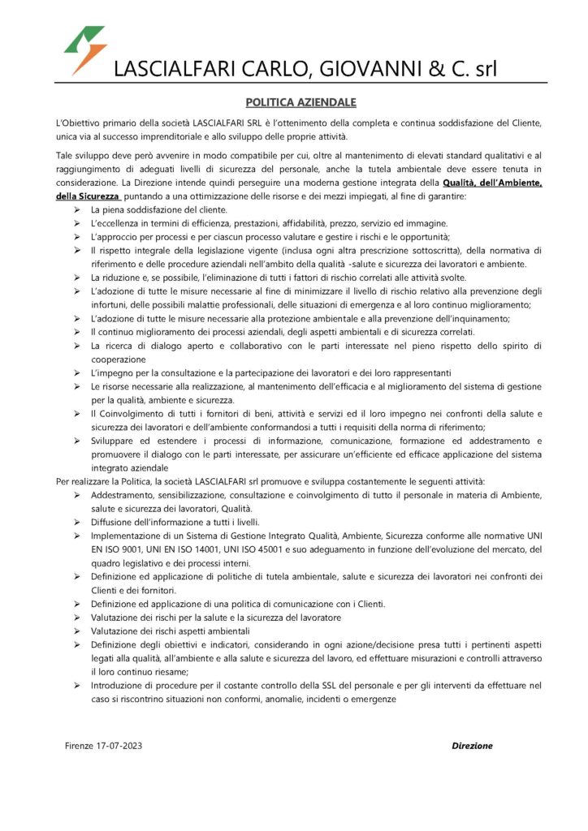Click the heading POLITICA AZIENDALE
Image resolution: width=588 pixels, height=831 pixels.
pyautogui.click(x=294, y=103)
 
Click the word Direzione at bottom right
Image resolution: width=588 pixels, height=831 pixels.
pyautogui.click(x=472, y=746)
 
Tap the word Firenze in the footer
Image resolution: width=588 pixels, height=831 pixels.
pyautogui.click(x=80, y=746)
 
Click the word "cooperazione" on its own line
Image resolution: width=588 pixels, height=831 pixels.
pyautogui.click(x=119, y=359)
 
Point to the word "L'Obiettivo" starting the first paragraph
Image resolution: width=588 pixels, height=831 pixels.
pyautogui.click(x=78, y=122)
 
